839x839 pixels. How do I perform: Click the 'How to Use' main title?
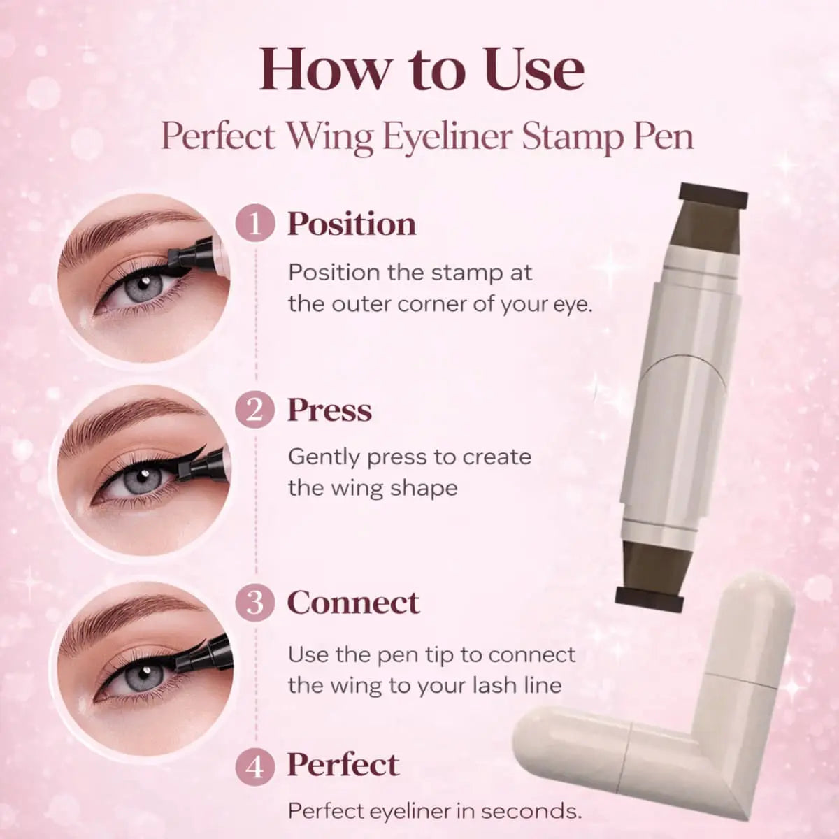coord(422,70)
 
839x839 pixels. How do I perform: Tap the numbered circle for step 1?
coord(255,224)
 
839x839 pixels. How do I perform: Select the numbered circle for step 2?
coord(255,410)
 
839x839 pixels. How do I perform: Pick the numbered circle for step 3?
coord(255,603)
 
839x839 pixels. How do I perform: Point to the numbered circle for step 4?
coord(255,766)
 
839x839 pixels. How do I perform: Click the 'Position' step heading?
coord(352,224)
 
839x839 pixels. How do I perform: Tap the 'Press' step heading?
coord(329,410)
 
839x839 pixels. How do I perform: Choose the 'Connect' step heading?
coord(354,603)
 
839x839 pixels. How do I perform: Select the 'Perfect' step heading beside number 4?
coord(343,765)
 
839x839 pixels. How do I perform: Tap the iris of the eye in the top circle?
coord(143,285)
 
